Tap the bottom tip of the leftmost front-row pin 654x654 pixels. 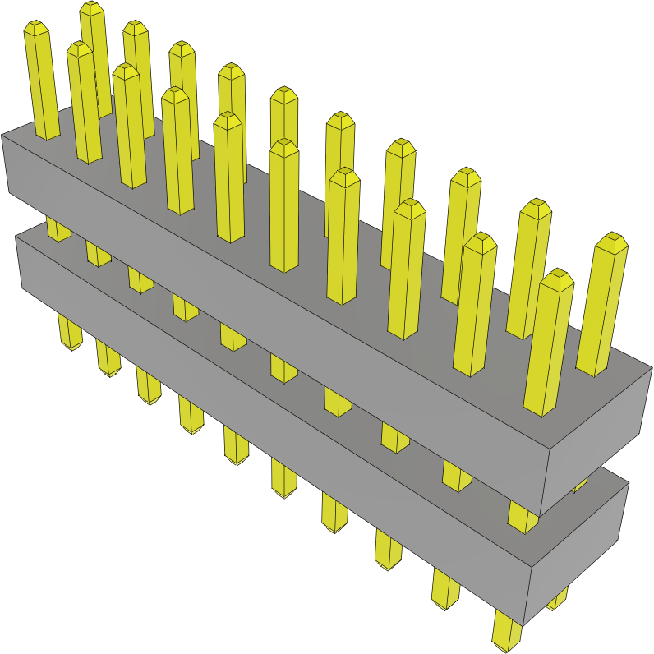[71, 346]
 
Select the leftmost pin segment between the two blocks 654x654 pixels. [58, 228]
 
